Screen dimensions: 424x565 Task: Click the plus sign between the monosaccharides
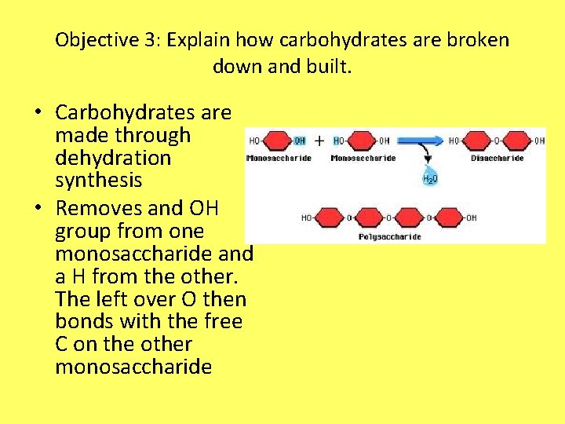click(x=319, y=141)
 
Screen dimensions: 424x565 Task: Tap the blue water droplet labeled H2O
click(x=429, y=175)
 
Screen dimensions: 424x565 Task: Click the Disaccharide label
click(x=498, y=158)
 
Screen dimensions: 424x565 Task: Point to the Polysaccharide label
click(x=389, y=236)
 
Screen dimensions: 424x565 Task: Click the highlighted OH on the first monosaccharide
click(x=299, y=141)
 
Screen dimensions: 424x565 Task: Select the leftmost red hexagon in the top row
click(x=278, y=142)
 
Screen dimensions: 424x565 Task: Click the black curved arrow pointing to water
click(x=427, y=157)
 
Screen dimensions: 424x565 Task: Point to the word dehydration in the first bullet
click(x=112, y=158)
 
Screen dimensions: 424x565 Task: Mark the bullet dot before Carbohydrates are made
click(x=37, y=114)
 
